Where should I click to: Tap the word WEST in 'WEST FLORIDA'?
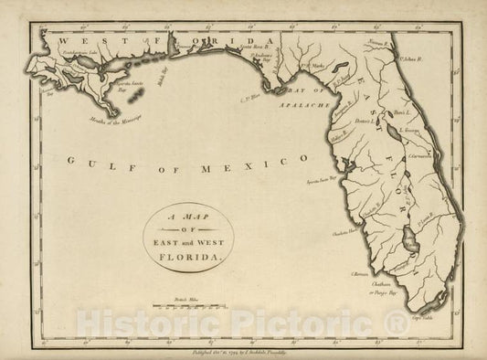pos(72,40)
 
